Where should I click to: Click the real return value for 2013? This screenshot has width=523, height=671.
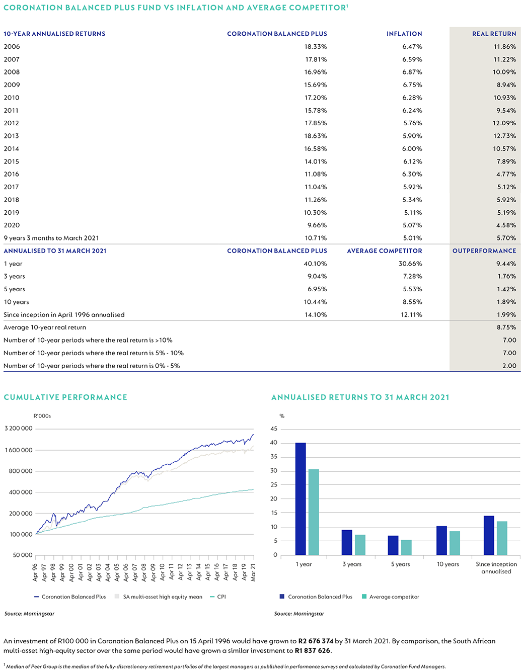click(x=504, y=136)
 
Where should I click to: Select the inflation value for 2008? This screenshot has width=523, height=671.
click(x=412, y=72)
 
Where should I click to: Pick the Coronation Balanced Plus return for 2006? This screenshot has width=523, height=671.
click(x=316, y=47)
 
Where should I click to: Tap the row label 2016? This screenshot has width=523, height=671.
click(x=12, y=174)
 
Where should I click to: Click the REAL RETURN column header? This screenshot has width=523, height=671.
click(x=494, y=34)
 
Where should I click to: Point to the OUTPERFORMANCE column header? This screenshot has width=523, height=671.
click(x=484, y=250)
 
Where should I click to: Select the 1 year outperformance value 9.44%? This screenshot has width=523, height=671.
click(x=506, y=264)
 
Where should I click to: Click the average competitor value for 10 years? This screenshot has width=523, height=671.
click(x=412, y=302)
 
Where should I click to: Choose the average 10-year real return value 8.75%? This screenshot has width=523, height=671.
click(x=506, y=327)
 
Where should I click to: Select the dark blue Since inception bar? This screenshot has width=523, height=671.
click(x=489, y=535)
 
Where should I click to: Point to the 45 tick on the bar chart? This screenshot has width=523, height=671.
click(x=274, y=429)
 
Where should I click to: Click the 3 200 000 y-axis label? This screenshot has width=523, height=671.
click(x=19, y=428)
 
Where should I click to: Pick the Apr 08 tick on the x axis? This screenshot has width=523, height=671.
click(x=144, y=572)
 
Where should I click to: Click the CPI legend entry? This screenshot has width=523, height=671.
click(x=218, y=597)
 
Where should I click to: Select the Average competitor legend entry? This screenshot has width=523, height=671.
click(x=391, y=597)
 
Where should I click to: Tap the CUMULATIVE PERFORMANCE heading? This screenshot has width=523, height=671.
click(x=65, y=397)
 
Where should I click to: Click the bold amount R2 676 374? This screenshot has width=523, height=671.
click(x=316, y=641)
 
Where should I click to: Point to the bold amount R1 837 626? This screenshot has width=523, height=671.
click(x=312, y=650)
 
